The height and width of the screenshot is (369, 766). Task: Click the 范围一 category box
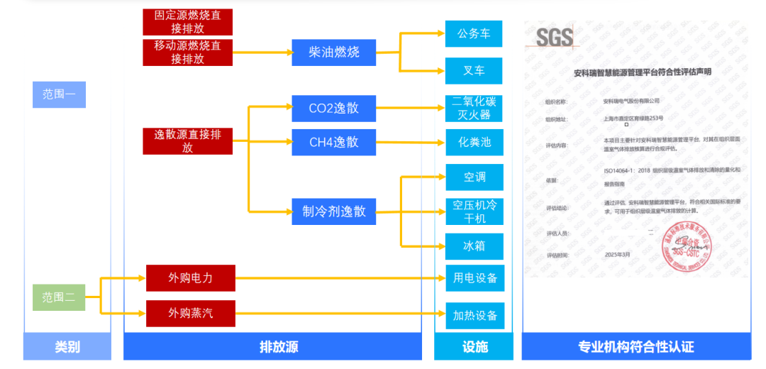click(x=59, y=94)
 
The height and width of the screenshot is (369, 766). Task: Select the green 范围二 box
click(x=59, y=297)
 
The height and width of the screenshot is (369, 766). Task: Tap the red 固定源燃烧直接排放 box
click(x=187, y=22)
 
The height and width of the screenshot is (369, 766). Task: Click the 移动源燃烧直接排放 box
click(x=187, y=53)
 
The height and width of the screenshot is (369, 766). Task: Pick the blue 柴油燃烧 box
click(x=333, y=53)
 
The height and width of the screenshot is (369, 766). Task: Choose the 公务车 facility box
click(x=474, y=34)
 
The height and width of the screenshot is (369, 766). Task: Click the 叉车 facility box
click(x=474, y=71)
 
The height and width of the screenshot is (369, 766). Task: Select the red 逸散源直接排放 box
click(x=187, y=141)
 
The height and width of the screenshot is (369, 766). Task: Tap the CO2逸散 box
click(x=333, y=109)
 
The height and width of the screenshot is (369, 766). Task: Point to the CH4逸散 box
click(x=333, y=142)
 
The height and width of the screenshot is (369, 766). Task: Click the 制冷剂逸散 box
click(x=333, y=211)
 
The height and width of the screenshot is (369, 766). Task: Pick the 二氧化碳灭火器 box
click(x=474, y=107)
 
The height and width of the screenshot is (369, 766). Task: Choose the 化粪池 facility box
click(x=474, y=143)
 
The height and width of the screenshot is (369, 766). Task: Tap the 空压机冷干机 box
click(x=474, y=211)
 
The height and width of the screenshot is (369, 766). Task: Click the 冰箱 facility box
click(x=474, y=246)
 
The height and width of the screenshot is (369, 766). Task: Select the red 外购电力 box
click(x=190, y=277)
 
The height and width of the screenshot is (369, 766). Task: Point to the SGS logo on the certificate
click(x=555, y=37)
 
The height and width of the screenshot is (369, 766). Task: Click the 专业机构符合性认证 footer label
click(x=635, y=347)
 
